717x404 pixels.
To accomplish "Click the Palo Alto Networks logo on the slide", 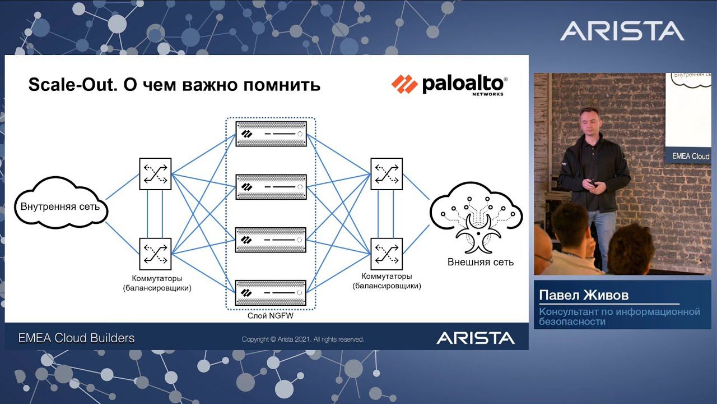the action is click(449, 85).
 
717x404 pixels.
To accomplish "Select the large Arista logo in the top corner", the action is click(622, 31).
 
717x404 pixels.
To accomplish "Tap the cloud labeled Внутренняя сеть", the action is click(61, 203).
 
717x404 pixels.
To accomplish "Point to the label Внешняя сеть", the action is click(481, 262).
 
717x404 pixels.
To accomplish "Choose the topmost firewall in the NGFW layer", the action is click(271, 134).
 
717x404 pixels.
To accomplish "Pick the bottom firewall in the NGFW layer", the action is click(271, 293).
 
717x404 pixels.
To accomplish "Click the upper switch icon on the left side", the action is click(155, 174).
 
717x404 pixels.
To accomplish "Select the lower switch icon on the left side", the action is click(155, 254).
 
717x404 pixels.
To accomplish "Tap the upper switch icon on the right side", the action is click(387, 174).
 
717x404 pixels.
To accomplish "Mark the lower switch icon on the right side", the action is click(387, 254).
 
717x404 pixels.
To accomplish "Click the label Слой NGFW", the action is click(271, 316).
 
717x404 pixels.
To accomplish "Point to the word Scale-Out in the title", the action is click(73, 85).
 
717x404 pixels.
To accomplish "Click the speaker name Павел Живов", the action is click(584, 295).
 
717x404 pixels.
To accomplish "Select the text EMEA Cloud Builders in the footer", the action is click(76, 338).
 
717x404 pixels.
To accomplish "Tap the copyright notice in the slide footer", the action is click(303, 339).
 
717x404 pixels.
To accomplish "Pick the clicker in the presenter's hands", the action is click(593, 183).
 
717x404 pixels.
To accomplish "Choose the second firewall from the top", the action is click(271, 187).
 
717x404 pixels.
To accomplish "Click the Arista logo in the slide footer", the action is click(476, 338).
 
